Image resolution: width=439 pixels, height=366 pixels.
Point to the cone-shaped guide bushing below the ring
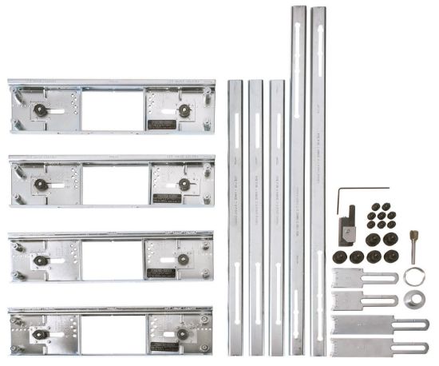pos(413,302)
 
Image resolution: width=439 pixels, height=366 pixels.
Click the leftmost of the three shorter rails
pos(235,216)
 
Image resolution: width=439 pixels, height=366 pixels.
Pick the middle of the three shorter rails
pos(256,216)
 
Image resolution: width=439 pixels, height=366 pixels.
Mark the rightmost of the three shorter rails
pos(277,216)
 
